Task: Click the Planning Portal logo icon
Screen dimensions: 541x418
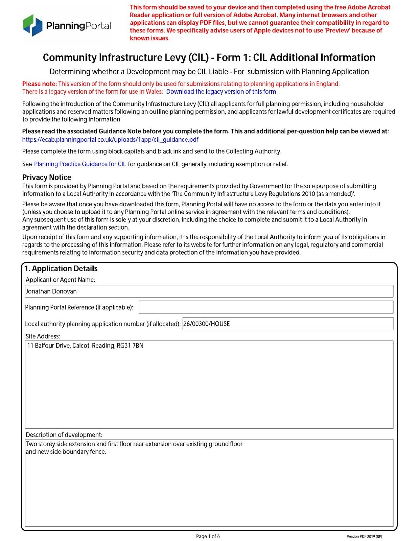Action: pyautogui.click(x=32, y=25)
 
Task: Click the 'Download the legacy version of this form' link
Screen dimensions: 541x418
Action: pyautogui.click(x=221, y=92)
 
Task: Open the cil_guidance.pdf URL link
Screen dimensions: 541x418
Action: pyautogui.click(x=110, y=140)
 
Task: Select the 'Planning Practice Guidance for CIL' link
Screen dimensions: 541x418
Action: pyautogui.click(x=80, y=164)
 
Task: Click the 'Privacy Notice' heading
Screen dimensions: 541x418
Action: pyautogui.click(x=47, y=178)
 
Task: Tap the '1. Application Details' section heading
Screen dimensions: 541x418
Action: pyautogui.click(x=61, y=269)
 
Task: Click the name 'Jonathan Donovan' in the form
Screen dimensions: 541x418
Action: pyautogui.click(x=51, y=291)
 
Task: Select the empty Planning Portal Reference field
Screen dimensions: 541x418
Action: pyautogui.click(x=266, y=307)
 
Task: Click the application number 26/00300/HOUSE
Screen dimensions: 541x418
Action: pyautogui.click(x=207, y=324)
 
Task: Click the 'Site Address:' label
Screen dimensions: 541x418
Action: pyautogui.click(x=43, y=336)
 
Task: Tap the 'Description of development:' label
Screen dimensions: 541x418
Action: pyautogui.click(x=64, y=435)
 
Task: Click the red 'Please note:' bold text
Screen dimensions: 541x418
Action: pyautogui.click(x=40, y=84)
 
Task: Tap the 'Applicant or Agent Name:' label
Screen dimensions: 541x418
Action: pyautogui.click(x=60, y=280)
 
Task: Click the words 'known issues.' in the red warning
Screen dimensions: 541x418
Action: pyautogui.click(x=149, y=38)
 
